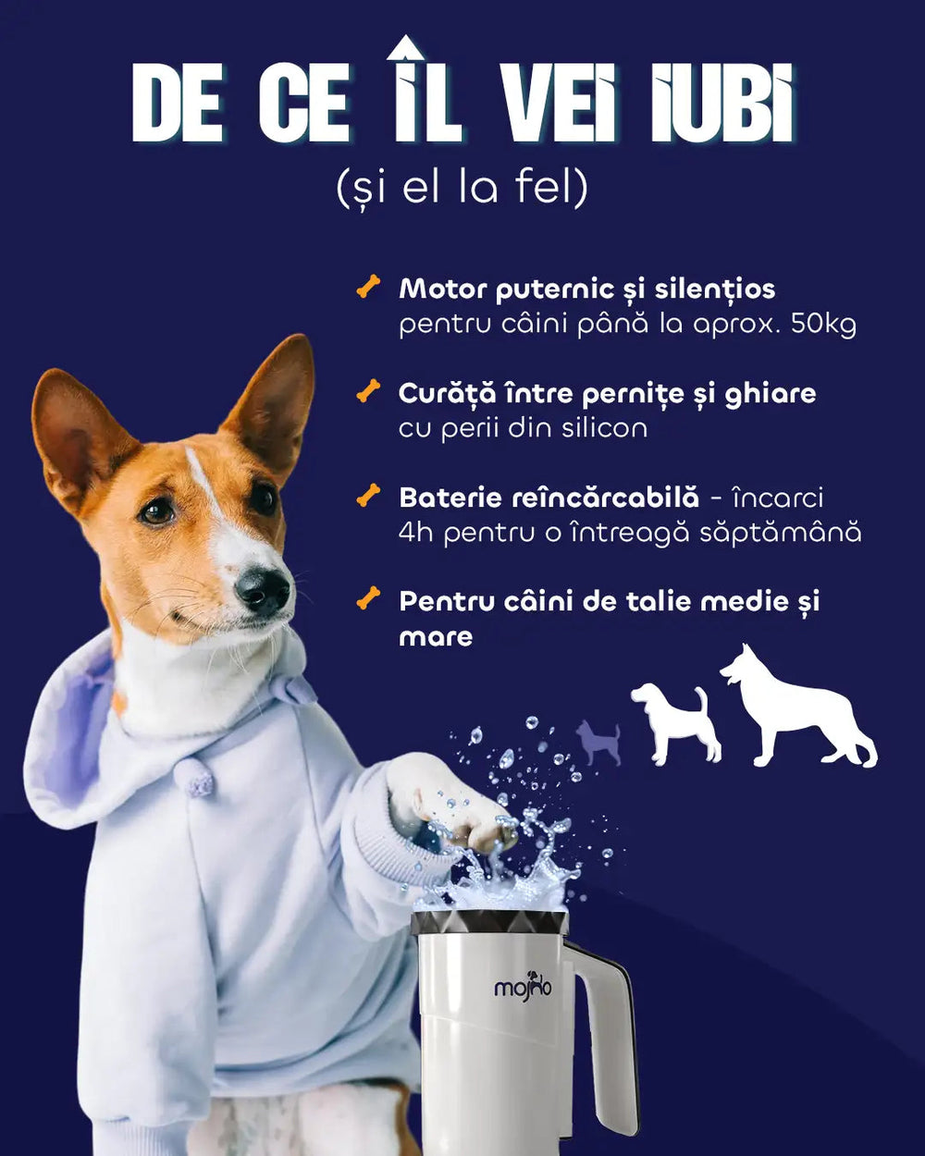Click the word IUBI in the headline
coord(721,104)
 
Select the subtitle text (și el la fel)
coord(462,188)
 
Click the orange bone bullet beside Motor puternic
coord(368,287)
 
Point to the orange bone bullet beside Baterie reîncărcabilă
coord(368,496)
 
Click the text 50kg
coord(823,325)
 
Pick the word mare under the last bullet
coord(436,637)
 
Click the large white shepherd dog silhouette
coord(797,706)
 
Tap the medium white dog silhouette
coord(677,723)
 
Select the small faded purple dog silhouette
coord(598,743)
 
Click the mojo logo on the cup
coord(523,985)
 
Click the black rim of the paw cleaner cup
coord(489,920)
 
